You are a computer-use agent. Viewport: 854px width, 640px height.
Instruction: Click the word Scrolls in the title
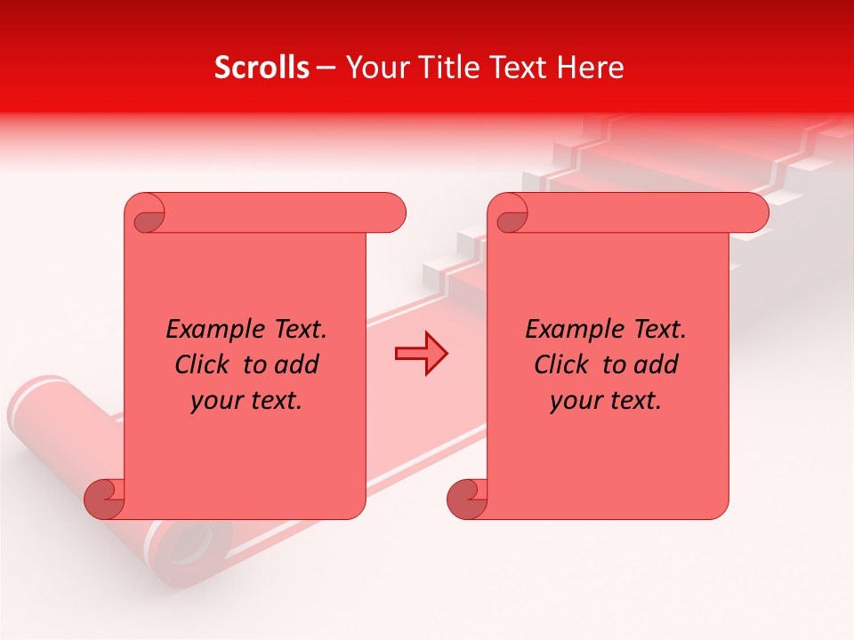click(x=262, y=68)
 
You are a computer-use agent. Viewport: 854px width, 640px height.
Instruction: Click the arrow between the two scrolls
click(x=421, y=353)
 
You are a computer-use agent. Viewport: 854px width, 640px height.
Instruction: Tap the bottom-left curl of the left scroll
click(x=105, y=498)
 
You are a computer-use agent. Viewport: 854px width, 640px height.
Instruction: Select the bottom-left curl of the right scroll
click(x=468, y=498)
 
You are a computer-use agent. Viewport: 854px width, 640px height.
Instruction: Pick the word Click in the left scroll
click(x=204, y=364)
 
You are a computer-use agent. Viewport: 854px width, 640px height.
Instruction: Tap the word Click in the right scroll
click(x=563, y=364)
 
